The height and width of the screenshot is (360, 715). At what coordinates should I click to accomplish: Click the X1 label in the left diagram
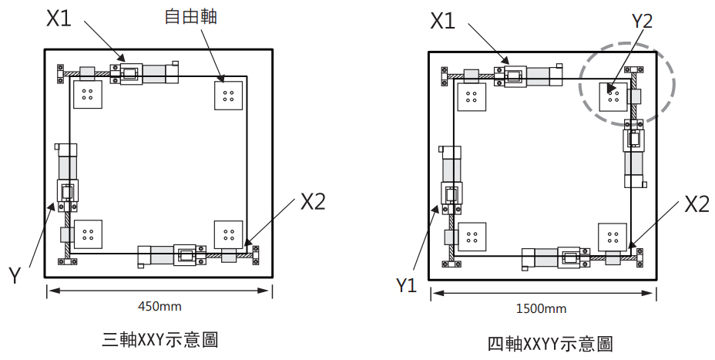(x=59, y=19)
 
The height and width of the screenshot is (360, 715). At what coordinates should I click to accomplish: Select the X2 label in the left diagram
(x=312, y=202)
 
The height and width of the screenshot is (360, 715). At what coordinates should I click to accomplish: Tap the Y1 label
(x=406, y=286)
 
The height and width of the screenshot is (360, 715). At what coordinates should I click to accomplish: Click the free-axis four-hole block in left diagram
(x=229, y=96)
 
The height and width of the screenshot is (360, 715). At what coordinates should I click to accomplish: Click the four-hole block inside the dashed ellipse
(x=614, y=96)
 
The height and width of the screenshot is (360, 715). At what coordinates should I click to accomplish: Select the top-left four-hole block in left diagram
(x=87, y=96)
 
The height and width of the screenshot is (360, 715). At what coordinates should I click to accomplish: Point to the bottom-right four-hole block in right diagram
(x=613, y=237)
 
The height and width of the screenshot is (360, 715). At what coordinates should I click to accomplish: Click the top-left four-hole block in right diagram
(x=471, y=98)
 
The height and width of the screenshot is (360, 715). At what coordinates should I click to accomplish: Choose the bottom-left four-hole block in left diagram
(x=87, y=234)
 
